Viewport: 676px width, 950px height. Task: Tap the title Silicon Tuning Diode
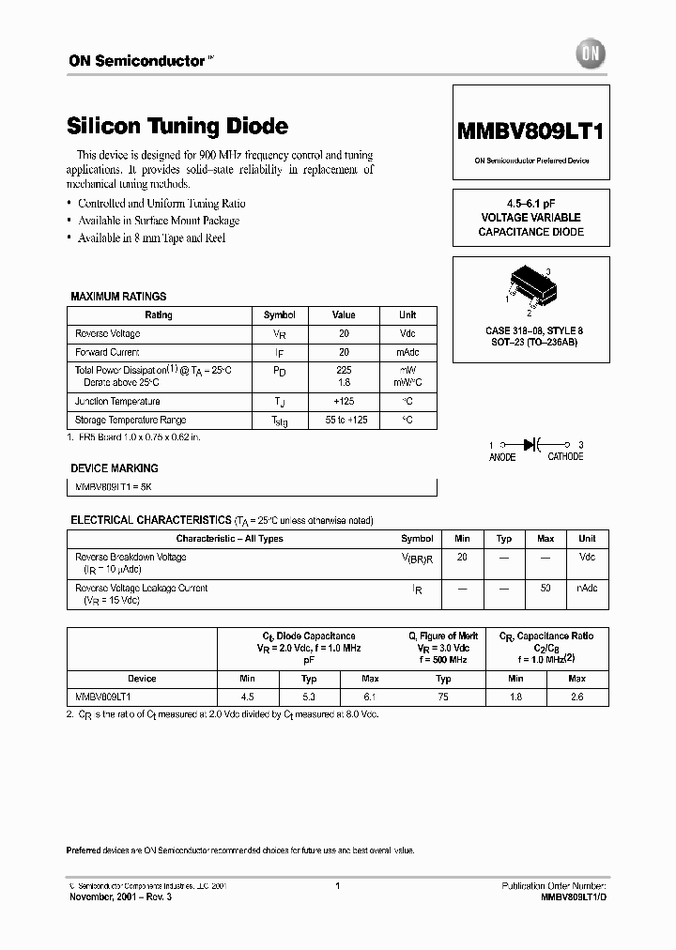point(177,126)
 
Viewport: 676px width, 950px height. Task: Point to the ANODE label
point(502,457)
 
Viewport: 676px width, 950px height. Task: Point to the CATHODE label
point(565,457)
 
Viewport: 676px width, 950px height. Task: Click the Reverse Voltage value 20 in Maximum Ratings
point(344,334)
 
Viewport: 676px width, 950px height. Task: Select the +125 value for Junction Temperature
point(344,401)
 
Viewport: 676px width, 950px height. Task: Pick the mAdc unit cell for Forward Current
point(407,352)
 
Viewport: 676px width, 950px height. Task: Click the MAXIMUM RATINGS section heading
point(118,297)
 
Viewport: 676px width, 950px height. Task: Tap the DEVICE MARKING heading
point(115,467)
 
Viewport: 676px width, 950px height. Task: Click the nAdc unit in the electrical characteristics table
point(587,588)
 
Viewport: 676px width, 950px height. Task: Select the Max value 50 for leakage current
point(545,588)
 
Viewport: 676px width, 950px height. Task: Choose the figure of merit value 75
point(443,697)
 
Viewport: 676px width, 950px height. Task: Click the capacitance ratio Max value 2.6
point(576,697)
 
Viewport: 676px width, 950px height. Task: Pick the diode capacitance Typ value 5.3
point(309,697)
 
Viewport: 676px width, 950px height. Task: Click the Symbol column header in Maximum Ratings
point(280,315)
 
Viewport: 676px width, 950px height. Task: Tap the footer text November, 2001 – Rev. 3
point(121,897)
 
